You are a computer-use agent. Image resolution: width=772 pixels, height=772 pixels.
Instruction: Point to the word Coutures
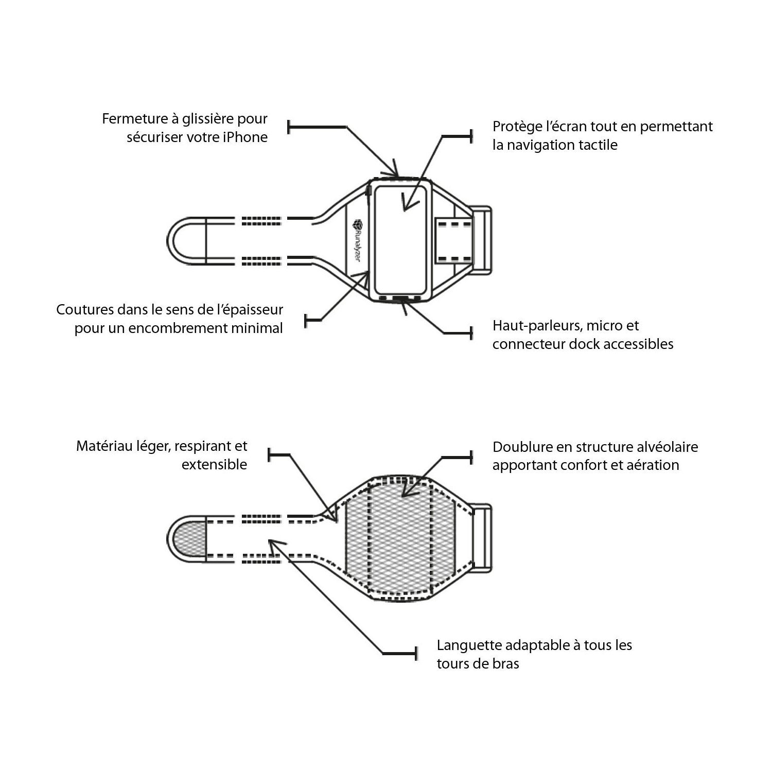pyautogui.click(x=84, y=310)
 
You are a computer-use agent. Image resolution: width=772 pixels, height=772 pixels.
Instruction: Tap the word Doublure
pyautogui.click(x=521, y=447)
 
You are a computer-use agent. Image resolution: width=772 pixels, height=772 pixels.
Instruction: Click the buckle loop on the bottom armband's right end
pyautogui.click(x=481, y=537)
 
